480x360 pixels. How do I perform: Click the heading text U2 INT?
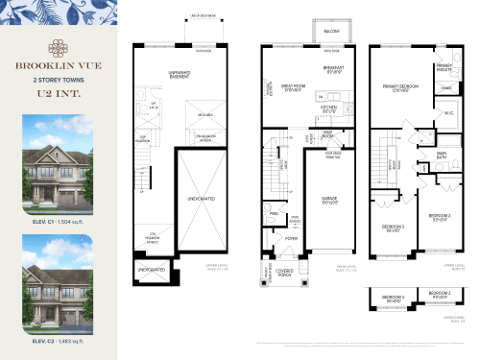click(59, 93)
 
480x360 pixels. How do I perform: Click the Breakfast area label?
click(334, 71)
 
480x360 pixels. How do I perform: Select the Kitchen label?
click(327, 108)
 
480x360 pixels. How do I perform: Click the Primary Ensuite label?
click(444, 68)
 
